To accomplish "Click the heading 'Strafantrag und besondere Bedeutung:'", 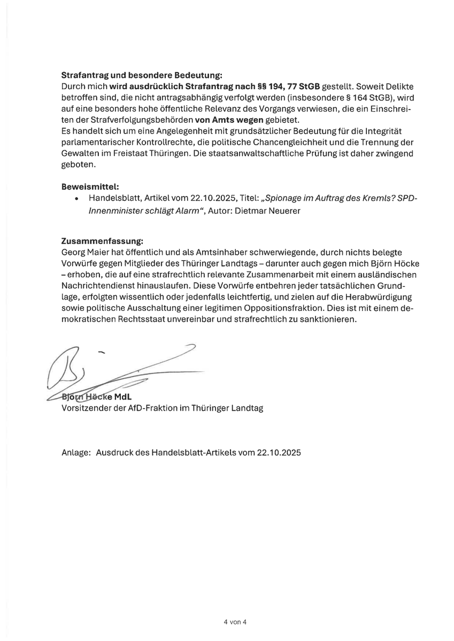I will pos(142,74).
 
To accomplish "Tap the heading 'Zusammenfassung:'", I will pos(102,240).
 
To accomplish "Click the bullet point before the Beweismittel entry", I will pos(78,198).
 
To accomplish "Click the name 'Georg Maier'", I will pos(84,251).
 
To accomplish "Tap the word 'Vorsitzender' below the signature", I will pos(86,408).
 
